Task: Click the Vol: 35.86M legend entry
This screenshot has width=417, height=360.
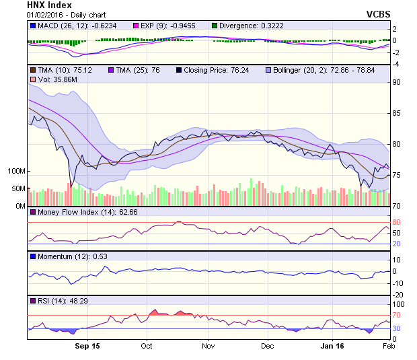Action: coord(50,80)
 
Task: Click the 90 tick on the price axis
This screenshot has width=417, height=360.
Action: coord(397,82)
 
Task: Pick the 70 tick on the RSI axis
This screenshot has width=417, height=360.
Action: coord(397,315)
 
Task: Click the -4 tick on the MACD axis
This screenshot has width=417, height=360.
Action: coord(397,64)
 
